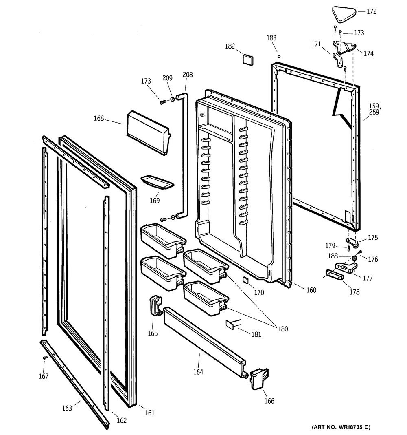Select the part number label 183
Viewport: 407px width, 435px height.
coord(271,38)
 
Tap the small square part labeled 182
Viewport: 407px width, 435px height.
coord(247,58)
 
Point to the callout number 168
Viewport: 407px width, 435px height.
coord(98,119)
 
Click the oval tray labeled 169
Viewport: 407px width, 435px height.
coord(157,183)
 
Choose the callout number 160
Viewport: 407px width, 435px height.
coord(311,290)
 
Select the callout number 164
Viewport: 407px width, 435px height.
coord(198,371)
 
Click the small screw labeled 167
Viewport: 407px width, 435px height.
coord(45,358)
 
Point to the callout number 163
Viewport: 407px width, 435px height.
coord(67,408)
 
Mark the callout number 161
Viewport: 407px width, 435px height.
coord(150,413)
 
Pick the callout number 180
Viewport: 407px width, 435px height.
coord(282,329)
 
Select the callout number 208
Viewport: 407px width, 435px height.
coord(188,75)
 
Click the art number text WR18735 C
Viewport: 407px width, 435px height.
coord(341,427)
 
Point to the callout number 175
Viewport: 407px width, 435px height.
coord(373,238)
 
